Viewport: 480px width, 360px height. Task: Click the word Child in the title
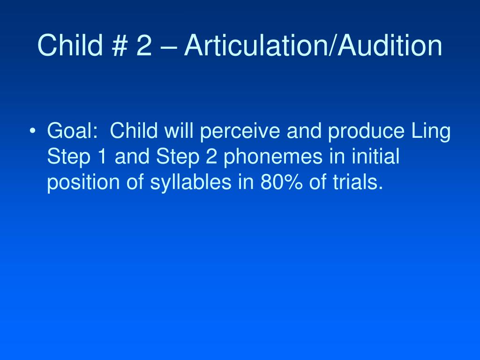coord(70,45)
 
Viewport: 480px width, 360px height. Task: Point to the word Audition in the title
coord(390,45)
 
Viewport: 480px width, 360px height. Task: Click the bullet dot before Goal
coord(32,131)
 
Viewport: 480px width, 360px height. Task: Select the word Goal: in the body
coord(72,131)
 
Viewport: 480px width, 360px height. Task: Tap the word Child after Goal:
coord(134,131)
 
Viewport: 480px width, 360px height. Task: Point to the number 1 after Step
coord(102,156)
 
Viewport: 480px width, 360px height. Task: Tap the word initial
coord(375,156)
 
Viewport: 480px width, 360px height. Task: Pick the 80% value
coord(282,182)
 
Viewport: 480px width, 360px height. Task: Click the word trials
coord(358,182)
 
